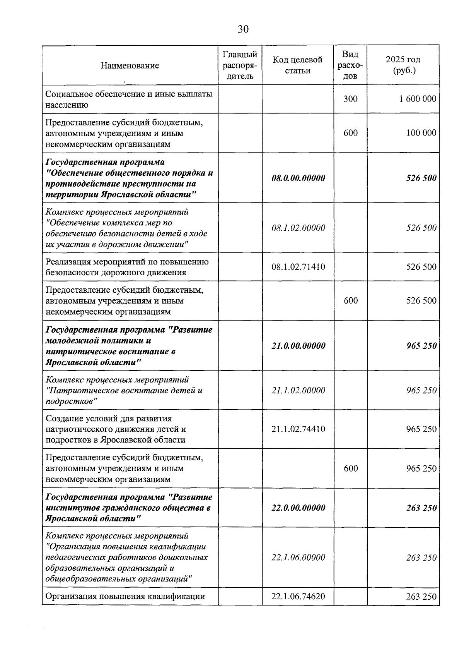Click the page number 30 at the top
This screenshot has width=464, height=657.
[x=243, y=29]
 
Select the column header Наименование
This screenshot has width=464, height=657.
[x=130, y=65]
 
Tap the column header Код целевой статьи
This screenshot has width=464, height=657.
[x=298, y=65]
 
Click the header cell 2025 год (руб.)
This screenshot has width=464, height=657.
[x=403, y=65]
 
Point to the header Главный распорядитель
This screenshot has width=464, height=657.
[x=240, y=65]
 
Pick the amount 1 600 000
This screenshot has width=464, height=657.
[x=418, y=99]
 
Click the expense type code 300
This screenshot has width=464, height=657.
[x=351, y=99]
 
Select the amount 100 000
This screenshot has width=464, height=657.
[x=421, y=133]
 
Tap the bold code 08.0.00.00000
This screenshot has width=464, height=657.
[x=298, y=178]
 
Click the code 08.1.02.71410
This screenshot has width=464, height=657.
[x=298, y=267]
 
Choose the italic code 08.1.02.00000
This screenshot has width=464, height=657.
[x=298, y=228]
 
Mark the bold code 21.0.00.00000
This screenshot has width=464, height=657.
[x=298, y=346]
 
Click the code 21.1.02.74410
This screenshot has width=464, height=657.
[x=298, y=429]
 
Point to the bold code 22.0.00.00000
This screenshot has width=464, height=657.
[x=298, y=508]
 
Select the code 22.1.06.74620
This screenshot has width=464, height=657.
[x=298, y=596]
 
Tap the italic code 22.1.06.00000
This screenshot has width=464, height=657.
[x=298, y=557]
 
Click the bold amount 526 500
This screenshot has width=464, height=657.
[x=421, y=178]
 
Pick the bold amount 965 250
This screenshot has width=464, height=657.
[x=421, y=346]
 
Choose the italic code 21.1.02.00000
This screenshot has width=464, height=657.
[x=298, y=390]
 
